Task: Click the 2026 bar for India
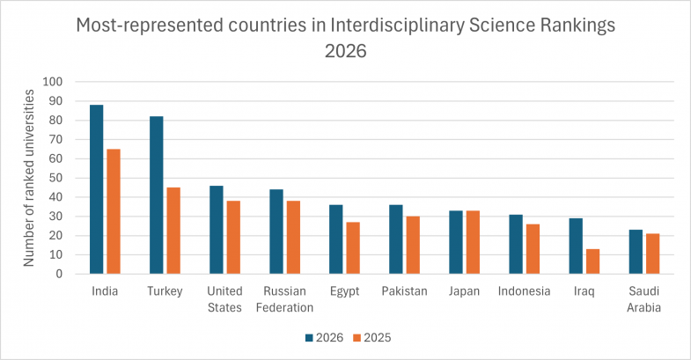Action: pos(97,189)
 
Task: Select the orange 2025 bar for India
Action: pos(114,211)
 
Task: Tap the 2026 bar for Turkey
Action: pos(157,195)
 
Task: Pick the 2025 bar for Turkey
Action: pos(173,231)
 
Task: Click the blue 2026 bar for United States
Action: pos(217,230)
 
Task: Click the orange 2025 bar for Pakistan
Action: pos(413,245)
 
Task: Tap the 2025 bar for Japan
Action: pos(473,242)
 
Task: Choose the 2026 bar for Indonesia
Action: pos(516,244)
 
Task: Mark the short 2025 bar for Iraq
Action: pos(592,261)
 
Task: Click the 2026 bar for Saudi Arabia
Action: pos(636,252)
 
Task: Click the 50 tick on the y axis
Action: pos(55,178)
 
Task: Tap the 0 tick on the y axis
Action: pos(59,274)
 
